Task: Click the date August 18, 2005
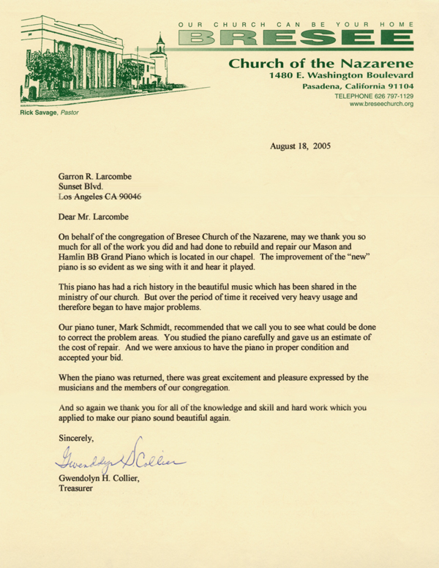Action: pyautogui.click(x=300, y=145)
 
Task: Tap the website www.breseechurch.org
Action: pyautogui.click(x=381, y=104)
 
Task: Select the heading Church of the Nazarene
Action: pyautogui.click(x=321, y=63)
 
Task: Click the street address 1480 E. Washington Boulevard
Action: pyautogui.click(x=342, y=75)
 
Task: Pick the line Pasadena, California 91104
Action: pyautogui.click(x=358, y=86)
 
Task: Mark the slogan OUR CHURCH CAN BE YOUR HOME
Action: pyautogui.click(x=296, y=24)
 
